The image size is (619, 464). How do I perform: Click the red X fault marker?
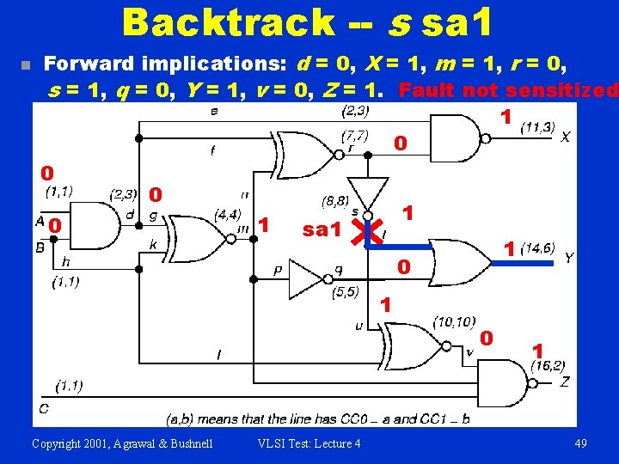click(371, 229)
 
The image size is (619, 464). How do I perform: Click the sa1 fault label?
click(323, 229)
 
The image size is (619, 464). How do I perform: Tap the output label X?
click(565, 137)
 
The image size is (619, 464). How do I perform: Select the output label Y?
click(568, 257)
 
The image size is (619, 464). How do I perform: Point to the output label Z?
click(564, 382)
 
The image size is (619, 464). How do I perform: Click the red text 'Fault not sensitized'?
click(509, 89)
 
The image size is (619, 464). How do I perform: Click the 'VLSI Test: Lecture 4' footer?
click(309, 443)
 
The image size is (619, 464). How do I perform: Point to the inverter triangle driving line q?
click(307, 277)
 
